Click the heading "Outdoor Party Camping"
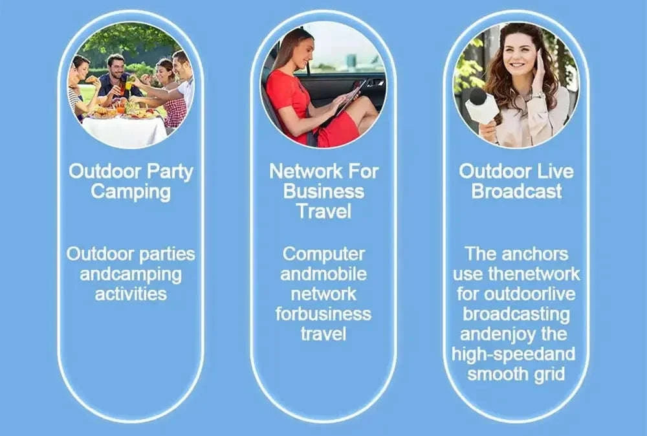(131, 182)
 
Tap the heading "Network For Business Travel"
(323, 191)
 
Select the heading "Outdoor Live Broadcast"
(516, 182)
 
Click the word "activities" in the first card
(131, 294)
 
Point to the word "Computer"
(323, 254)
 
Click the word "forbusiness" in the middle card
(323, 314)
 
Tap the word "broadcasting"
(516, 314)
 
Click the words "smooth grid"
(516, 375)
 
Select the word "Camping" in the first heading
(131, 192)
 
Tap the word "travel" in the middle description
(323, 334)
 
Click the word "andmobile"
(323, 274)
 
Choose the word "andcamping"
(131, 274)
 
